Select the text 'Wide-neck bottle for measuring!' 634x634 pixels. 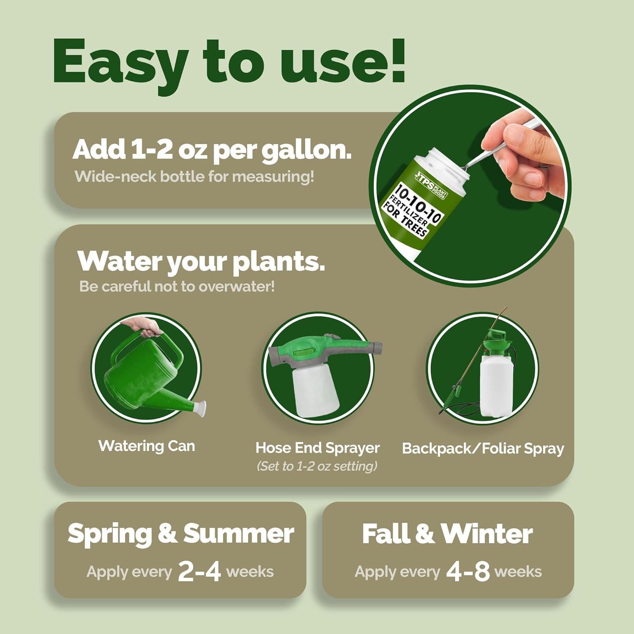click(x=194, y=176)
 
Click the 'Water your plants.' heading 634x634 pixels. click(x=201, y=262)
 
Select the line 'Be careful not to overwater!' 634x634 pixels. click(x=177, y=287)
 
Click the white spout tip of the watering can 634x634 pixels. click(x=199, y=408)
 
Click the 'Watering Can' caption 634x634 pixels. click(x=147, y=446)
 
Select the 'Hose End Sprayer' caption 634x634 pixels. click(x=317, y=448)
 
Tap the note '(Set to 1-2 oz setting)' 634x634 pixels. click(x=317, y=466)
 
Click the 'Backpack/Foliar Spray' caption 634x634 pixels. click(x=483, y=448)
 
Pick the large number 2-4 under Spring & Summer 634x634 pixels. click(x=199, y=571)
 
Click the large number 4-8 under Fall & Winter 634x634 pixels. click(x=467, y=571)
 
